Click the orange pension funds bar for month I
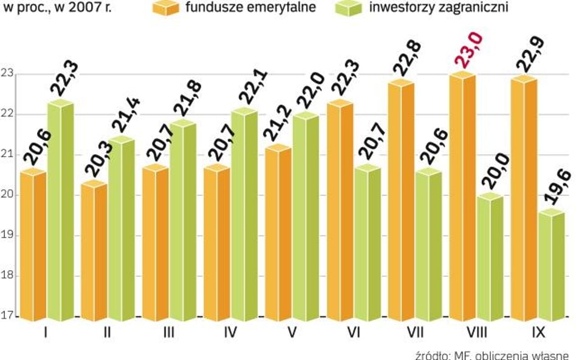click(33, 246)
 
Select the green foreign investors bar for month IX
click(550, 267)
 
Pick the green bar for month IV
click(244, 216)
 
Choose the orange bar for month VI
click(339, 212)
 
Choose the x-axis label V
click(291, 333)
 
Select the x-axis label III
click(168, 333)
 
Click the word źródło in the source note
click(433, 354)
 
